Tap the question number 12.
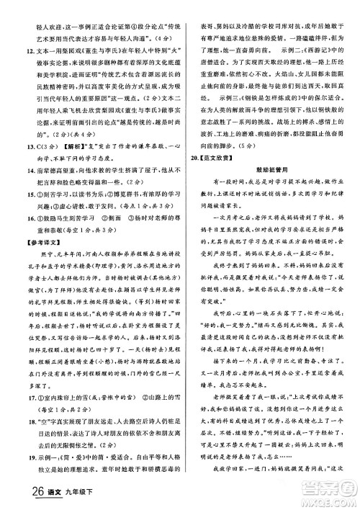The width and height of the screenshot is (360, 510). [13, 51]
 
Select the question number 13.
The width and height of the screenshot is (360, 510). [13, 165]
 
